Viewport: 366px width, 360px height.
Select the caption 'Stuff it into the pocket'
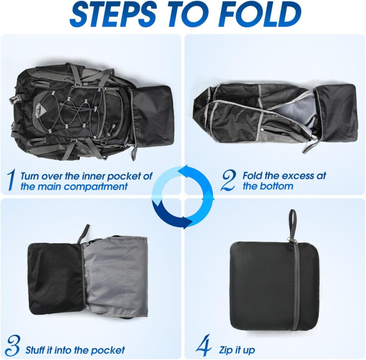pos(75,350)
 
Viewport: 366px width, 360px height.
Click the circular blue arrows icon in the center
pos(182,196)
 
